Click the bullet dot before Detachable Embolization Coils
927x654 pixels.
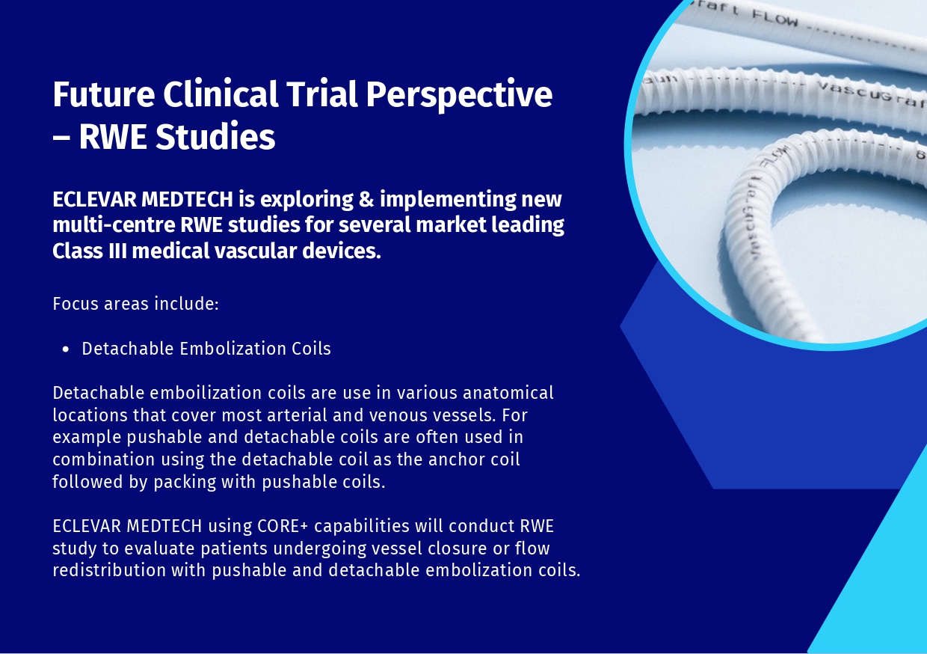tap(66, 349)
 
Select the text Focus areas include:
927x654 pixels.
tap(135, 305)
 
